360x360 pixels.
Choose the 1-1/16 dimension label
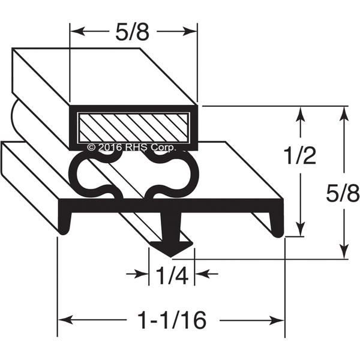pyautogui.click(x=172, y=320)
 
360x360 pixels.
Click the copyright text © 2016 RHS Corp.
pyautogui.click(x=132, y=147)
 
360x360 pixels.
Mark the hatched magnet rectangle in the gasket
pyautogui.click(x=133, y=127)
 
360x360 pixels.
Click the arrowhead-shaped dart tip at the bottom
pyautogui.click(x=171, y=249)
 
